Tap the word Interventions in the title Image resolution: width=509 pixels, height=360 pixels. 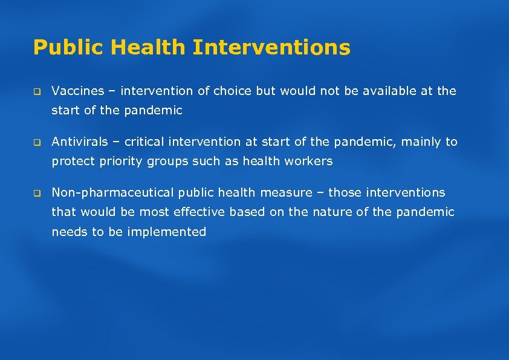pos(271,47)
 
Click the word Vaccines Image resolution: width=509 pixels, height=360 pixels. pos(77,91)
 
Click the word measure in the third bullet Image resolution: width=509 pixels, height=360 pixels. pos(288,193)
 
